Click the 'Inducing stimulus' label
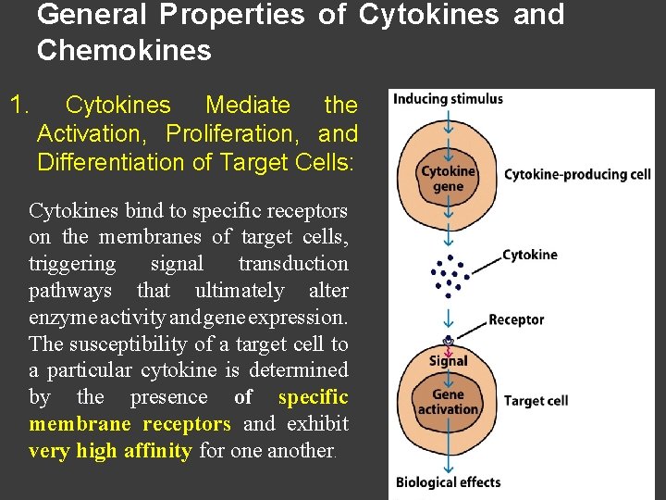pos(449,99)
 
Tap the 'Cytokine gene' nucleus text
pos(448,179)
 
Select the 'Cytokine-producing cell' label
pos(577,174)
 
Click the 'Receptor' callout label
pos(516,320)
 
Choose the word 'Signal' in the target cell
pos(449,361)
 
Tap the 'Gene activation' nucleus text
pos(449,402)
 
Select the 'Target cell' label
pos(536,401)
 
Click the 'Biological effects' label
pos(448,481)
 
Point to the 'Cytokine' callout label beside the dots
pos(529,255)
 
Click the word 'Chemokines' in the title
pos(124,51)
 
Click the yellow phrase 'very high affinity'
pos(110,452)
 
